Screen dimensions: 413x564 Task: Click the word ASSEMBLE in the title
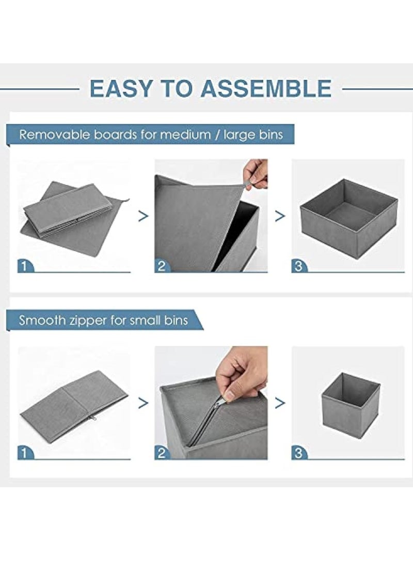point(266,88)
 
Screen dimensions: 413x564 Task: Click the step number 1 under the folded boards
point(24,267)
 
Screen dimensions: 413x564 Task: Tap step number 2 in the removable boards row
point(161,267)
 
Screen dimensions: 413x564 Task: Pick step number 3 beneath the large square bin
point(298,267)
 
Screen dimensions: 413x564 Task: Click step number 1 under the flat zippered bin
point(24,453)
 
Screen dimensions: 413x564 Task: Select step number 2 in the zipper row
point(161,453)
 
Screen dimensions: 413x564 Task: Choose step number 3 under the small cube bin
point(298,453)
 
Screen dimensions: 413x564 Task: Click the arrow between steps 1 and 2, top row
point(144,216)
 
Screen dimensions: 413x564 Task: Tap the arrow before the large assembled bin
point(280,216)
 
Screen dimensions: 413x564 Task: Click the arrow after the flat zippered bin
point(144,403)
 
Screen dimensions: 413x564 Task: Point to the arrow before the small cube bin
point(280,403)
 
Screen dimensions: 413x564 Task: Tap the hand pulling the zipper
point(243,372)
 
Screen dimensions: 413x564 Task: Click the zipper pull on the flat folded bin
point(94,418)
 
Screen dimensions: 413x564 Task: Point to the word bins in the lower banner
point(176,320)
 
